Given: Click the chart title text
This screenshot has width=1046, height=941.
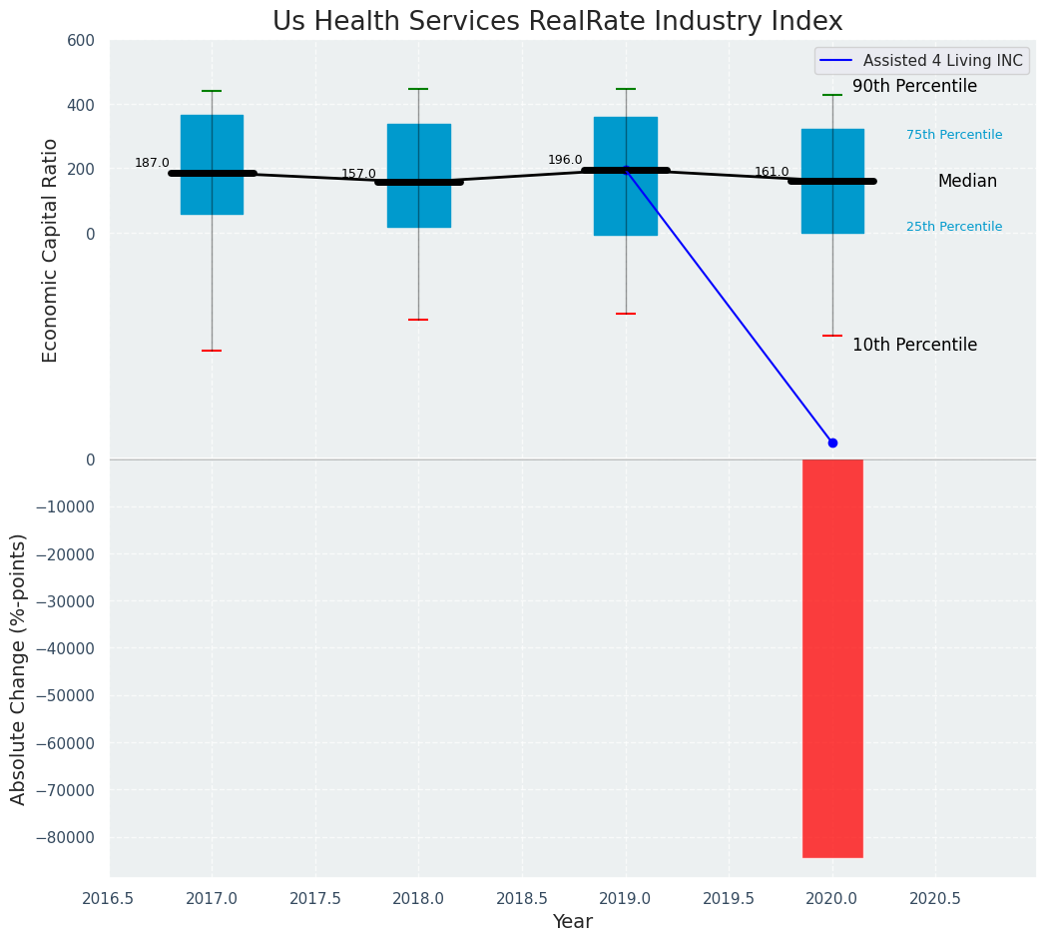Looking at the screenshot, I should point(557,22).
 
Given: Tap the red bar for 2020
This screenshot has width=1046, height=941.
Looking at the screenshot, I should point(832,657).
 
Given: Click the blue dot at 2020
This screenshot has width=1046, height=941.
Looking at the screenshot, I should point(832,443).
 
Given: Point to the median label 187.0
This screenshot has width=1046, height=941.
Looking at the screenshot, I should point(152,163).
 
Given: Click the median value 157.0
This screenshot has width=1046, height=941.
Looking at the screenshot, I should point(358,174).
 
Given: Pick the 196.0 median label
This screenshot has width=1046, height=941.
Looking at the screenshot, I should point(565,160).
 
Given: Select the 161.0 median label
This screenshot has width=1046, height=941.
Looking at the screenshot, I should point(772,172).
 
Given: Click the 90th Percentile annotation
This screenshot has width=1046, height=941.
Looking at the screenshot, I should point(914,87).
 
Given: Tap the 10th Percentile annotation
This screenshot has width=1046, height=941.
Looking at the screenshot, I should point(914,345).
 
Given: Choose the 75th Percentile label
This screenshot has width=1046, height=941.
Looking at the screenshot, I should point(954,135).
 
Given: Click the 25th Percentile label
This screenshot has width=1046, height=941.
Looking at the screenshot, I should point(954,227).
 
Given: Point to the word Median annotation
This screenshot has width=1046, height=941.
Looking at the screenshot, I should point(967,181).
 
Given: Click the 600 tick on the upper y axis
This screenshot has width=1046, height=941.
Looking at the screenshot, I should point(81,40).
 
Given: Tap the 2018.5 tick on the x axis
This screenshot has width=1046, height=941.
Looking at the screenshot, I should point(521,898).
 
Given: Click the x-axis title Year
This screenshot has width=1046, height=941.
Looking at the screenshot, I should point(573,922).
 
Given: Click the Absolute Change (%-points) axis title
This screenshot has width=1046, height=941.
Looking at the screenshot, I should point(19,668).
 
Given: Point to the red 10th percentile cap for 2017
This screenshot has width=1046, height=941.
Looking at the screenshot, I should point(212,351).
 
